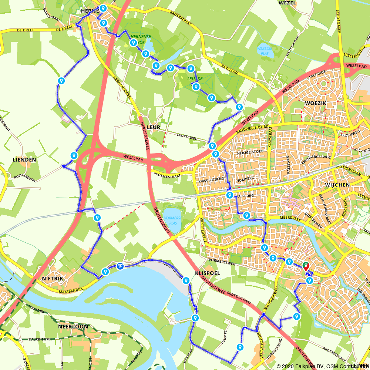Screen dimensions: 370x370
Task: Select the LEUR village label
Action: (154, 127)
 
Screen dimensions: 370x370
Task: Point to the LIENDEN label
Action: (24, 160)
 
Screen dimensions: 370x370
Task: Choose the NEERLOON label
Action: (73, 327)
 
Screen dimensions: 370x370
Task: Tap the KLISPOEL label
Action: (207, 273)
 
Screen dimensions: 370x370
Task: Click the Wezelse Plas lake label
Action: (266, 51)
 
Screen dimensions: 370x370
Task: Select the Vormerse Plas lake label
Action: (171, 221)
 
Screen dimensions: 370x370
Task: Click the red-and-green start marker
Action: (306, 266)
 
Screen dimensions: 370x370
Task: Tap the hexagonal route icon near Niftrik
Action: (120, 266)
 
